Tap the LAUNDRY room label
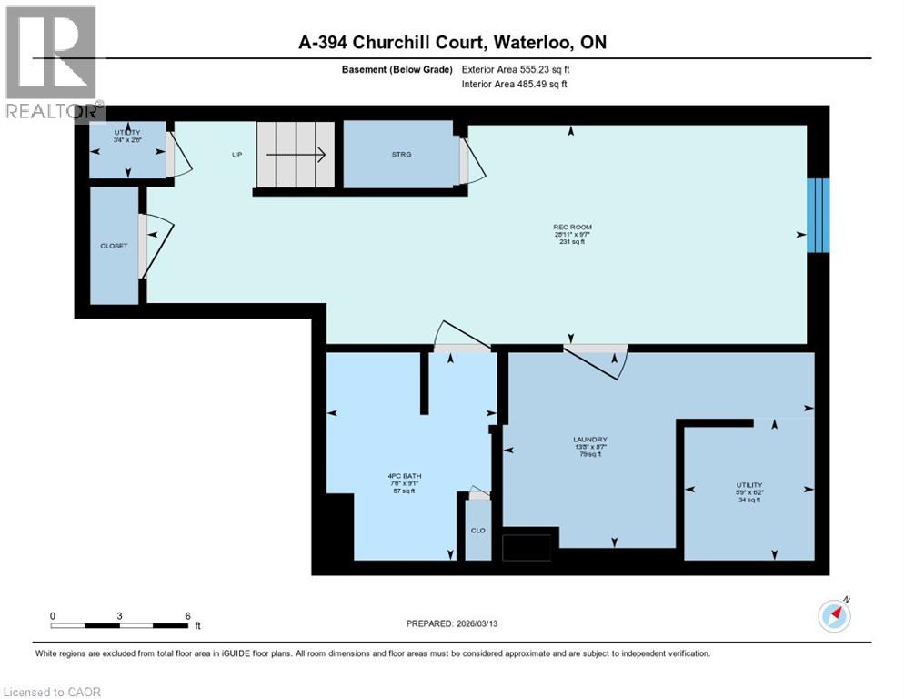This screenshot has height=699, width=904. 590,440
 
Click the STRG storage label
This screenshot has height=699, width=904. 401,155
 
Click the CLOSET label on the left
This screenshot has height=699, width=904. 114,246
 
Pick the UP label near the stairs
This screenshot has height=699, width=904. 237,155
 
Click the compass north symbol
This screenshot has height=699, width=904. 835,616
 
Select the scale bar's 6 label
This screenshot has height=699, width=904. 187,615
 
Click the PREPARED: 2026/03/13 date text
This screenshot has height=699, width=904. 467,623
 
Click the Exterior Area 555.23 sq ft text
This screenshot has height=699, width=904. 519,69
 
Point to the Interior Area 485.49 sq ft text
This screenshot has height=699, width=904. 515,85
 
